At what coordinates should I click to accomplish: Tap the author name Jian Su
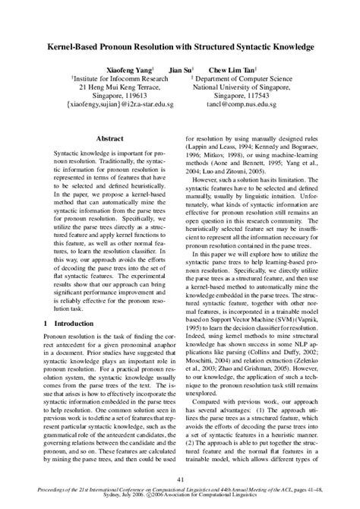point(181,68)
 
